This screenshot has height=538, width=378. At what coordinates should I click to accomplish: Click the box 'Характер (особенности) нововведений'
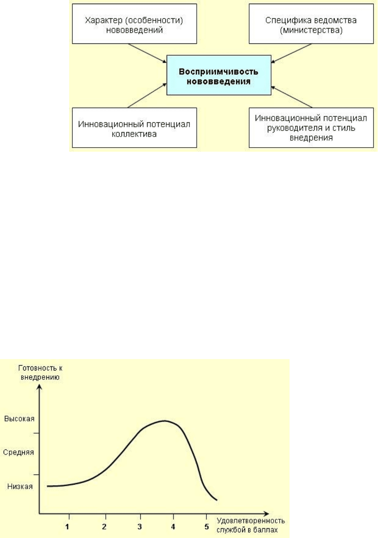[135, 24]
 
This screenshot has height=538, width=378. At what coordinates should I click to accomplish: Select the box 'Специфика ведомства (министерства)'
[311, 24]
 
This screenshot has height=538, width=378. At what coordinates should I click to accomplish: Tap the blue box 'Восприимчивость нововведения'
[219, 75]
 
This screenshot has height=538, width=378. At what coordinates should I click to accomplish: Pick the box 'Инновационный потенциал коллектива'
[135, 128]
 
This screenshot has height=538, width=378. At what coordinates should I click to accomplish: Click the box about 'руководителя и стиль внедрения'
[311, 128]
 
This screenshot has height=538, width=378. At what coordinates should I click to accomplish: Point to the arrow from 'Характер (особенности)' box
[147, 53]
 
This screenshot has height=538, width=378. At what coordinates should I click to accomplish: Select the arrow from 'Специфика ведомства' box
[291, 53]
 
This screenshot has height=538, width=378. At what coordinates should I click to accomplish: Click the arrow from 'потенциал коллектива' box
[147, 95]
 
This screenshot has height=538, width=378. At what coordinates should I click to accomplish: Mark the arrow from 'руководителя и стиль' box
[292, 97]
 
